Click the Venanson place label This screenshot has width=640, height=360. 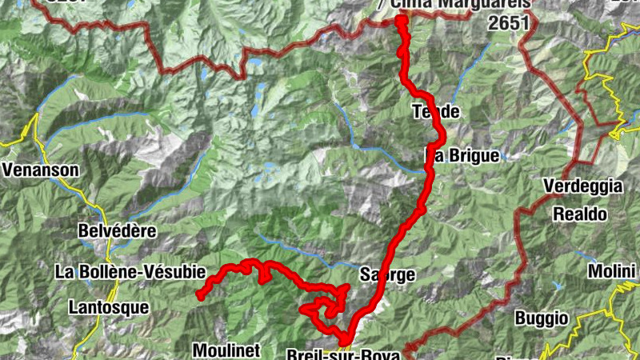41,170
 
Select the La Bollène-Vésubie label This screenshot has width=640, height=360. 130,272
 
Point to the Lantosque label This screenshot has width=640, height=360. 108,306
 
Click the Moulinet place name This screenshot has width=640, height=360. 227,350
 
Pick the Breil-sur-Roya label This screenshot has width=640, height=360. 342,354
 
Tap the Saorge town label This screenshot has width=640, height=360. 387,275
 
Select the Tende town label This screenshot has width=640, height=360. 436,111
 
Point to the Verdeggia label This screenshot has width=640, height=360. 582,186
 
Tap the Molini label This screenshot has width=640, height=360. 611,272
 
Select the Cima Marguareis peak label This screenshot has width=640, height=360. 456,5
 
